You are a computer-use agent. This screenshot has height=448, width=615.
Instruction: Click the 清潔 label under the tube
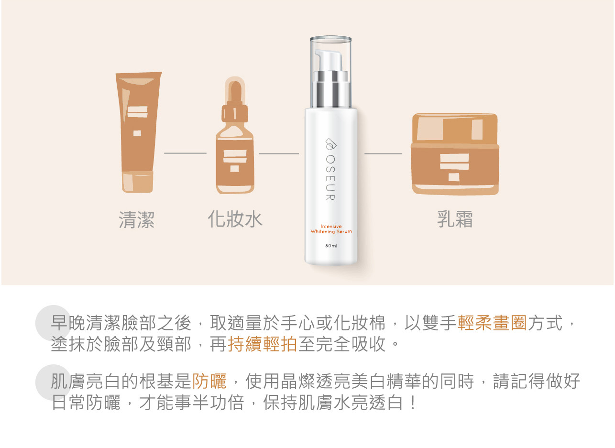(136, 219)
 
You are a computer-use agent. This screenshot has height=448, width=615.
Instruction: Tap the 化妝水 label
(235, 219)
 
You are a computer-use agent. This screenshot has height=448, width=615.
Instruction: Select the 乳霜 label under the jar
(455, 219)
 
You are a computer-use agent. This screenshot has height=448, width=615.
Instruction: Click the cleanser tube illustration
(138, 132)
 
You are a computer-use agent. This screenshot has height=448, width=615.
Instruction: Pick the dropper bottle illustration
(235, 135)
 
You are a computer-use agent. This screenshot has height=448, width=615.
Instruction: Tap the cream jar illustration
(455, 154)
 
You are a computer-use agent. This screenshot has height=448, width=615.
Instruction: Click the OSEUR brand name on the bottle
(330, 178)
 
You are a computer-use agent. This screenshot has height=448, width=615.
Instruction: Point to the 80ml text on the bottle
(331, 246)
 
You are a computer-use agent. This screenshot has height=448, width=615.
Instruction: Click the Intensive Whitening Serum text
(331, 229)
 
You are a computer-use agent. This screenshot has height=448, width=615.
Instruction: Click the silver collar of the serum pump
(331, 89)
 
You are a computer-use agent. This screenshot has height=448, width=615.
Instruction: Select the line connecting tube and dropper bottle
(185, 153)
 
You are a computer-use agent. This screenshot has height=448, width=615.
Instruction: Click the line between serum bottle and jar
(383, 154)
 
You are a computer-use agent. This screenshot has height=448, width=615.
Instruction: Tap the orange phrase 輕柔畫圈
(492, 323)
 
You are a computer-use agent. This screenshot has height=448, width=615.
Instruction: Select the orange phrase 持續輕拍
(262, 344)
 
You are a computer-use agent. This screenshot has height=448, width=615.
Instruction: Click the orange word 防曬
(209, 381)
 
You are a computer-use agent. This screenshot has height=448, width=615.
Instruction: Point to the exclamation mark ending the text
(412, 403)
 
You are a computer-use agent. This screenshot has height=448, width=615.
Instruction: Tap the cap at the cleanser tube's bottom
(137, 182)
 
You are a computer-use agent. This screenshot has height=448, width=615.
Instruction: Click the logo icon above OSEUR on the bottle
(331, 144)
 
